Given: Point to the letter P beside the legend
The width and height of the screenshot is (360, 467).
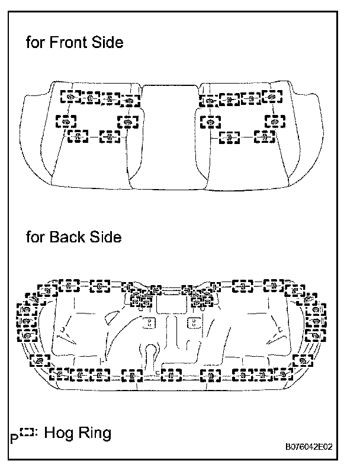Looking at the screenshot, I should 14,439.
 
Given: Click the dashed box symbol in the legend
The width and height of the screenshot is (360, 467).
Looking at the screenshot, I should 26,433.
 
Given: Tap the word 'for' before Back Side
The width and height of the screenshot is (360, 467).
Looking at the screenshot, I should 35,238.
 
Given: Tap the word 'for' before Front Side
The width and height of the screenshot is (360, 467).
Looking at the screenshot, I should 35,43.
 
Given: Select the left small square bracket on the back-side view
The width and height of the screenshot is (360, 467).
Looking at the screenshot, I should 149,323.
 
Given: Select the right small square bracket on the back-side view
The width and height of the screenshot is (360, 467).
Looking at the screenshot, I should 194,323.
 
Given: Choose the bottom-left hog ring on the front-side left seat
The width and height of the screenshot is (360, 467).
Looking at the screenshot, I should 78,136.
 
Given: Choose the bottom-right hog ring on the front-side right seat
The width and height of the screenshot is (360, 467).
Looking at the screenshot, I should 265,136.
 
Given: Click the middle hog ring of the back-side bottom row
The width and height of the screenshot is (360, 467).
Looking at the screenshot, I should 171,375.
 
